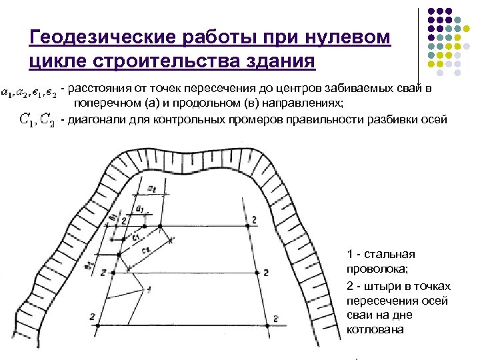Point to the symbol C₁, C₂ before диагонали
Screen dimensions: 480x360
pyautogui.click(x=37, y=120)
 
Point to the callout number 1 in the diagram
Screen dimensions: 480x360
pyautogui.click(x=149, y=289)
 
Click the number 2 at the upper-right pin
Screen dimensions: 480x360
pyautogui.click(x=254, y=221)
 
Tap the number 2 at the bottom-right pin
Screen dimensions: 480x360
pyautogui.click(x=275, y=320)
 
